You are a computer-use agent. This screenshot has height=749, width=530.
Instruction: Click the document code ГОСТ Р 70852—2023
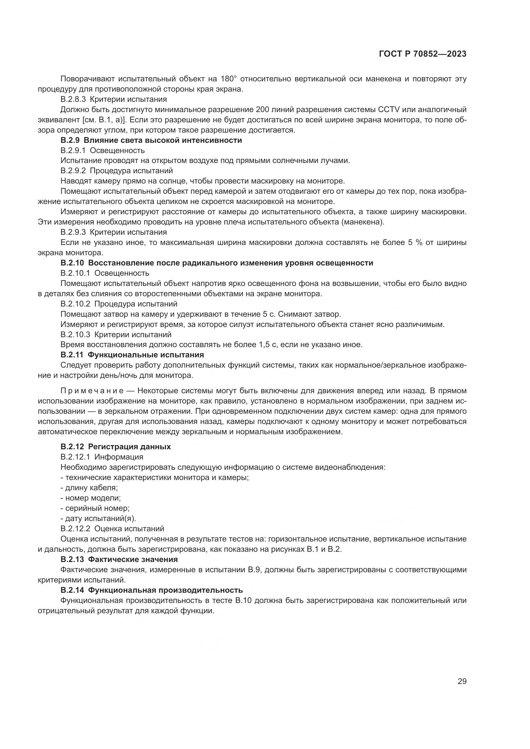pyautogui.click(x=423, y=54)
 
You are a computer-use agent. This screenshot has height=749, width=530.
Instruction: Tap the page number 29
pyautogui.click(x=462, y=681)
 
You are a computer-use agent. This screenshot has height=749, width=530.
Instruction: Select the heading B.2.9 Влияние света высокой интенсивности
pyautogui.click(x=151, y=140)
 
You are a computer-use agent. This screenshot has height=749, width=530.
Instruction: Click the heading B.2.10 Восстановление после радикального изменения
pyautogui.click(x=217, y=263)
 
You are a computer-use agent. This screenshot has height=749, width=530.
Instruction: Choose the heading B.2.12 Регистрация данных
pyautogui.click(x=116, y=447)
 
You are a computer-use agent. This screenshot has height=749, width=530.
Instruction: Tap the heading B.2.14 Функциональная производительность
pyautogui.click(x=152, y=590)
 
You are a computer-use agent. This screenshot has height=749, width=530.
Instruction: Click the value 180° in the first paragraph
pyautogui.click(x=228, y=79)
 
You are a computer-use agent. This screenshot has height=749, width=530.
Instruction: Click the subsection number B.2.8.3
pyautogui.click(x=73, y=99)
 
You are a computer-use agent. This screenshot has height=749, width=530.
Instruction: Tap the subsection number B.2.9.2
pyautogui.click(x=73, y=171)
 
